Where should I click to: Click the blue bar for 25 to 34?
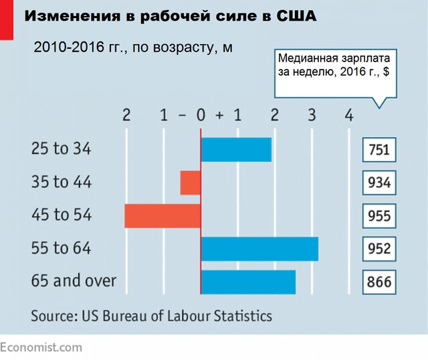[x=236, y=149]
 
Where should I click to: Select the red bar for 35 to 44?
[x=191, y=183]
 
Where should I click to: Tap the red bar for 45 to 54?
[x=163, y=215]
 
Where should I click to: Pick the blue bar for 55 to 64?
[x=259, y=249]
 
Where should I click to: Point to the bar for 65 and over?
[x=248, y=282]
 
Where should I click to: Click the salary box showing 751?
[x=379, y=150]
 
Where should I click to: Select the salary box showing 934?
[x=379, y=183]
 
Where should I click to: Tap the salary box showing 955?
[x=379, y=216]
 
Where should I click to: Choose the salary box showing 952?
[x=379, y=249]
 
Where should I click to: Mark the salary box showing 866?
[x=379, y=282]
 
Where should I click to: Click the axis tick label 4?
[x=348, y=115]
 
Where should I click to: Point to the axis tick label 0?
[x=200, y=115]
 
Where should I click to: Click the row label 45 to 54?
[x=62, y=215]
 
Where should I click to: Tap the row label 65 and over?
[x=74, y=281]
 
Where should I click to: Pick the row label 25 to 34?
[x=62, y=149]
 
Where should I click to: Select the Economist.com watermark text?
[x=41, y=347]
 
